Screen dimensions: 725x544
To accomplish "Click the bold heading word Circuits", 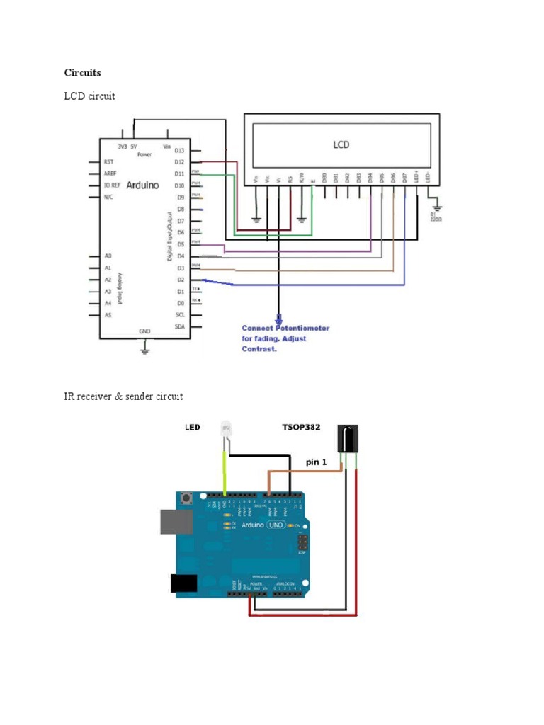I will click(x=83, y=72).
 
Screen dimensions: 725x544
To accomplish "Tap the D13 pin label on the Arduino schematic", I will click(x=179, y=151).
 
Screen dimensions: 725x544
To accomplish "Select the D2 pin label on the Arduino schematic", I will click(x=179, y=280).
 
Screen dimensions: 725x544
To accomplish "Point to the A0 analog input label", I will click(x=108, y=256).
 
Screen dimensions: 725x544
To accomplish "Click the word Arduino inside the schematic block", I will click(x=143, y=185).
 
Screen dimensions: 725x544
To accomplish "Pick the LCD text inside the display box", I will click(x=341, y=144).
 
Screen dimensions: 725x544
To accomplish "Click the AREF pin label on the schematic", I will click(x=110, y=173).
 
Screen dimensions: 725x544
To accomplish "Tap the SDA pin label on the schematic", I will click(x=180, y=326).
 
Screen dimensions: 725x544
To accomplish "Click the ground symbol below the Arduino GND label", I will click(x=144, y=347).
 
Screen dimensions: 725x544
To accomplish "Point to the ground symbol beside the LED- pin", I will click(x=436, y=205).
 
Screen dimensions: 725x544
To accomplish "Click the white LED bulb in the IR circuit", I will click(x=226, y=429).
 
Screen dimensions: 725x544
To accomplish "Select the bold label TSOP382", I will click(x=301, y=428).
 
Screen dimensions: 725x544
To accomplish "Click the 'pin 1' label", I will click(x=317, y=462).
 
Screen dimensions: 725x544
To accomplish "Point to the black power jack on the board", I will click(x=183, y=583).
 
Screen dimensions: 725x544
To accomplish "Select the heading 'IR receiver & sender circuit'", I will click(x=123, y=396).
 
